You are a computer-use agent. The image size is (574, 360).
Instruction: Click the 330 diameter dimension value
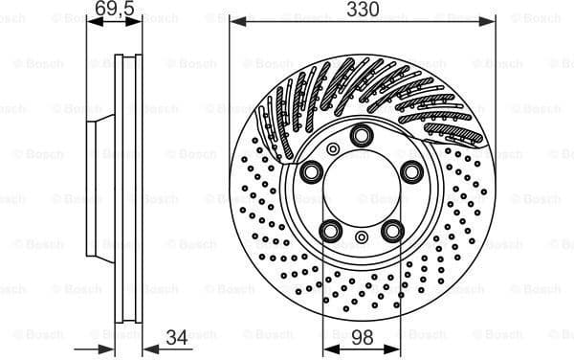pyautogui.click(x=363, y=10)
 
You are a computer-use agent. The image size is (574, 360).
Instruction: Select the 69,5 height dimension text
pyautogui.click(x=114, y=10)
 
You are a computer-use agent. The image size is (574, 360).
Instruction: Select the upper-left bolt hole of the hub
pyautogui.click(x=312, y=172)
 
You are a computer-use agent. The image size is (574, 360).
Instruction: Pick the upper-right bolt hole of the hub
pyautogui.click(x=412, y=172)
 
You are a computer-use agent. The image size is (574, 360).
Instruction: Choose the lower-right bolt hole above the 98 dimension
pyautogui.click(x=392, y=231)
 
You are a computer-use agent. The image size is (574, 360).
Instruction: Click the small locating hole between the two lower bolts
pyautogui.click(x=362, y=236)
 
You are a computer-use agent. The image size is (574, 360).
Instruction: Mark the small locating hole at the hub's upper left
pyautogui.click(x=332, y=148)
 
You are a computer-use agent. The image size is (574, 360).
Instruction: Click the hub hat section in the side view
pyautogui.click(x=99, y=189)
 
